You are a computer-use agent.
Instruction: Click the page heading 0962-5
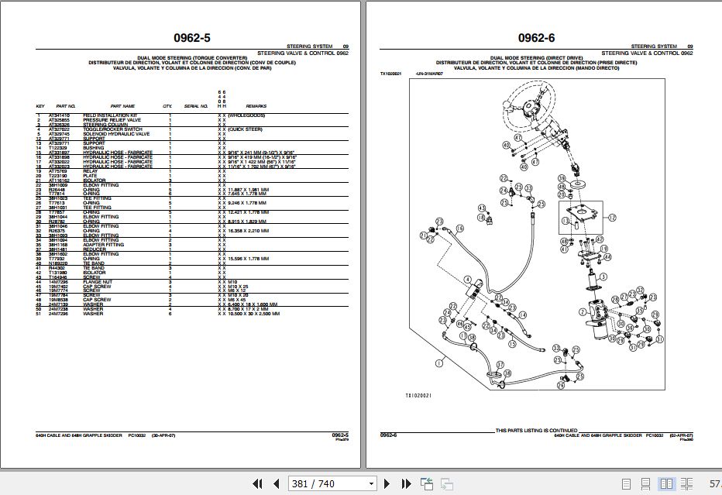(x=191, y=37)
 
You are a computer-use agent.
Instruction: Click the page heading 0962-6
(x=536, y=37)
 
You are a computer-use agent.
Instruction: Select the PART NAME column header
(x=122, y=106)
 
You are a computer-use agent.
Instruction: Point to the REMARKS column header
(x=256, y=106)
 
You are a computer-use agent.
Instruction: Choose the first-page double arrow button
(x=258, y=483)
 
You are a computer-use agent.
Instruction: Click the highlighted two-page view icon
(x=666, y=483)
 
